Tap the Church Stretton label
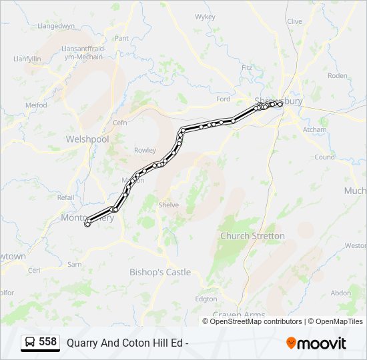[x=252, y=236]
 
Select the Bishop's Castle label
[x=159, y=272]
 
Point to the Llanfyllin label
[x=27, y=59]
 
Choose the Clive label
[x=294, y=21]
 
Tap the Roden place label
[x=338, y=76]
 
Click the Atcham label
[x=314, y=129]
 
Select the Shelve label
[x=168, y=205]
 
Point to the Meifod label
[x=36, y=105]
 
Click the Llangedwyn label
[x=57, y=26]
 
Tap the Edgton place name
[x=206, y=299]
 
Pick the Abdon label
[x=340, y=293]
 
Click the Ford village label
[x=223, y=99]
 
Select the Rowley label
[x=145, y=150]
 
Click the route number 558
[x=47, y=342]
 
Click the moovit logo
[x=316, y=343]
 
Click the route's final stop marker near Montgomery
[x=87, y=224]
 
